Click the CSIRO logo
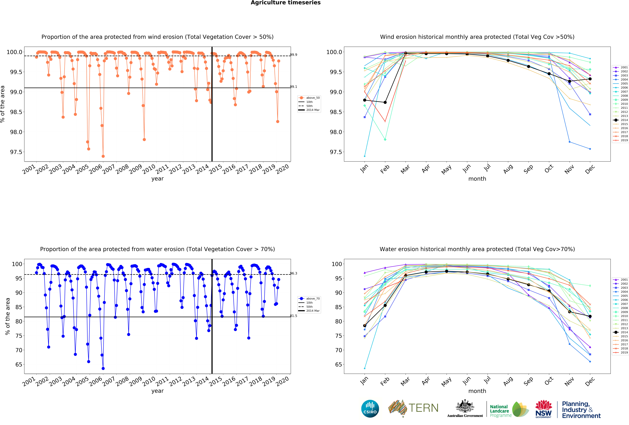pos(370,408)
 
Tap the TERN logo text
pos(423,408)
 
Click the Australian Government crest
pos(465,406)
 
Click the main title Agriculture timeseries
pos(286,3)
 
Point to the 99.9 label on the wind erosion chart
pos(293,55)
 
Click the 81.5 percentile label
pos(293,316)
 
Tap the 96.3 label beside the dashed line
pos(293,273)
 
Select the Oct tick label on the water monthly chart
pos(549,381)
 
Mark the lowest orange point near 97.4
pos(103,156)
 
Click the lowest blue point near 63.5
pos(103,368)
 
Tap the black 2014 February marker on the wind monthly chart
pos(385,102)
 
